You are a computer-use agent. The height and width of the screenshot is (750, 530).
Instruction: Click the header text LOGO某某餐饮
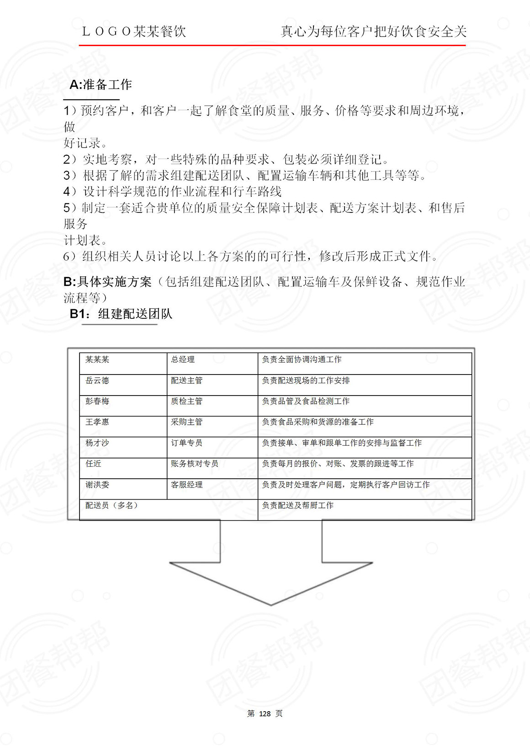(134, 32)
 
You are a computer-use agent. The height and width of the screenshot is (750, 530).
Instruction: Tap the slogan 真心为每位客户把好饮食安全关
(373, 32)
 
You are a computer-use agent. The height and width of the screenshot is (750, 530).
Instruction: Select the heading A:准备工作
(101, 85)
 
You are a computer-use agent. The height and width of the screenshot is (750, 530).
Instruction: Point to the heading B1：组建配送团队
(121, 314)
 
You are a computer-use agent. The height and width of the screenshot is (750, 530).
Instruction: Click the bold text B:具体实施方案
(107, 282)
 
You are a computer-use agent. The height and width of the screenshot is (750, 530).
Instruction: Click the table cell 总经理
(183, 359)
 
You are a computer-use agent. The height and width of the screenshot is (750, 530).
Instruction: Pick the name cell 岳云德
(97, 380)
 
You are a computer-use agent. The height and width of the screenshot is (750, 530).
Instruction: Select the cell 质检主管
(186, 401)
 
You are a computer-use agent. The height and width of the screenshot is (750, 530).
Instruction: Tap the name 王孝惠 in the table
(97, 422)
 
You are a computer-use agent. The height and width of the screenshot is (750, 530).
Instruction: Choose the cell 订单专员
(186, 443)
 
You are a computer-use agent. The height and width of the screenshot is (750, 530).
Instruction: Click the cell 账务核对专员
(194, 464)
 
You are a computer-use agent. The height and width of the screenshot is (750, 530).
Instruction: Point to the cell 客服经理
(186, 485)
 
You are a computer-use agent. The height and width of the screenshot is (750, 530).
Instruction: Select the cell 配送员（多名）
(111, 505)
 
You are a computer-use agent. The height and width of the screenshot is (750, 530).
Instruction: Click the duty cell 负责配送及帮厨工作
(297, 505)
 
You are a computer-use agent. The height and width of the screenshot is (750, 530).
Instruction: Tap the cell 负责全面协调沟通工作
(302, 359)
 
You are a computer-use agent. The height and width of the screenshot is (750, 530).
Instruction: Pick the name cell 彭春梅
(97, 401)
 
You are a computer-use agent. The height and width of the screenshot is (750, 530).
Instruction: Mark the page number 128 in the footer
(265, 714)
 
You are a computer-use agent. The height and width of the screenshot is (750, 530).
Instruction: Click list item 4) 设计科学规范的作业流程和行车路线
(173, 191)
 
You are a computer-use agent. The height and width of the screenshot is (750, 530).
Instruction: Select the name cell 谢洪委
(97, 485)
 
